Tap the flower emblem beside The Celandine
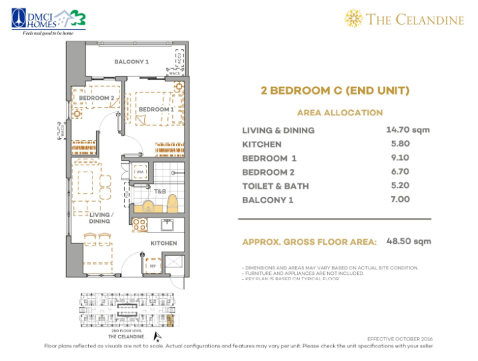(354, 18)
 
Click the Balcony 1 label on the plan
(132, 62)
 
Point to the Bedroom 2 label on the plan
(96, 98)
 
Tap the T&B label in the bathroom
(160, 192)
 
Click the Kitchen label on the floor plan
(164, 243)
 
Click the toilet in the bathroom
(172, 203)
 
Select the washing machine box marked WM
(139, 173)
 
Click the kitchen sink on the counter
(165, 224)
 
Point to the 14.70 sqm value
(408, 130)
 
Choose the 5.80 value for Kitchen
(400, 144)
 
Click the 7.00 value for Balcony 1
(400, 199)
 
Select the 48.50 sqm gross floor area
(408, 241)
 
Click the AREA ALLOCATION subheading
(339, 113)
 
